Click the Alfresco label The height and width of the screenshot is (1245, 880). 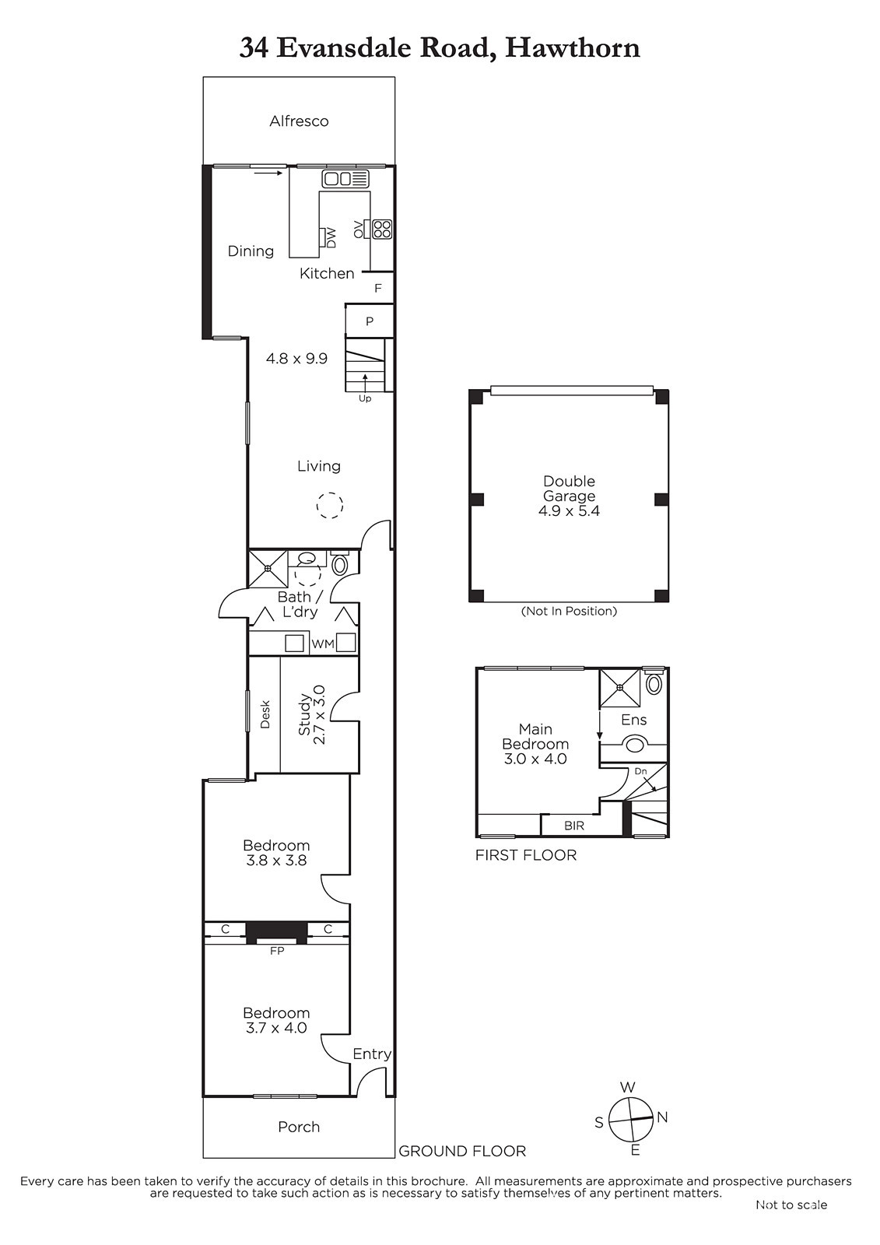point(299,121)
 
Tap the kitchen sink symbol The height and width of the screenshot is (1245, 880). point(345,179)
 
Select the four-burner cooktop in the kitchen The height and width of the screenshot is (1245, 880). point(382,229)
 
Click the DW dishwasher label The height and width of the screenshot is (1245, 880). point(331,238)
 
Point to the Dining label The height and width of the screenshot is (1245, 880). point(251,251)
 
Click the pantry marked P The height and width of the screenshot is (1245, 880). point(369,321)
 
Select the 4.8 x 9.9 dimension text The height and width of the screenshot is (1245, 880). point(297,359)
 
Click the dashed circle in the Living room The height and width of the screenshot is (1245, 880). point(330,505)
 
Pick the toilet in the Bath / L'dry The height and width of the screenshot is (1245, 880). point(339,563)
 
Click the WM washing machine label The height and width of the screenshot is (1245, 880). point(323,644)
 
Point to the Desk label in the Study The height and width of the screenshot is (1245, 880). point(265,714)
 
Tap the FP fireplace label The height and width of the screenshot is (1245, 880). point(277,951)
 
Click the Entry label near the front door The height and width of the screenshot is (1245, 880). point(372,1054)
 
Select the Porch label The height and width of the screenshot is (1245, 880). point(299,1127)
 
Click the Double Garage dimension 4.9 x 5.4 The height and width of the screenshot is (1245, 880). point(570,511)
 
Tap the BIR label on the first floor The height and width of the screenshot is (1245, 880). point(574,826)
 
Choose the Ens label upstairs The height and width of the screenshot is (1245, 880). point(633,720)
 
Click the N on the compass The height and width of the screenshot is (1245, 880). point(662,1117)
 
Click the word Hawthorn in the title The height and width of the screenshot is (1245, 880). point(573,47)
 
